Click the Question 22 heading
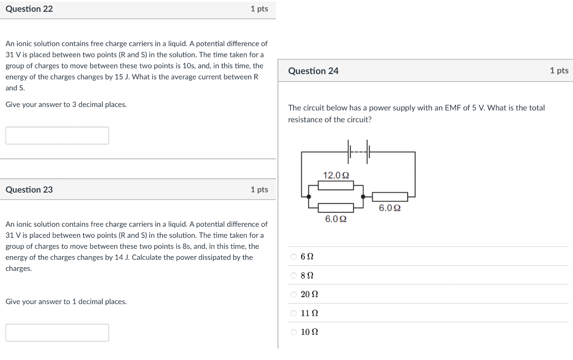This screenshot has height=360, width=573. coord(29,9)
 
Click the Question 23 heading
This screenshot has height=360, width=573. coord(29,190)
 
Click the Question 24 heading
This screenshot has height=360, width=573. coord(313,71)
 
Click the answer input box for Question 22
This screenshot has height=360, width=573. coord(57,136)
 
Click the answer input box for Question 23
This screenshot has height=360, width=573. coord(57,333)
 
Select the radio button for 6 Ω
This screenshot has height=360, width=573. coord(294,257)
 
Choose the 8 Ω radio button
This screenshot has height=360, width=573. coord(294,276)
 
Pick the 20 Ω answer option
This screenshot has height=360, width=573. coord(294,294)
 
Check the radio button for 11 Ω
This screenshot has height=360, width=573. coord(294,313)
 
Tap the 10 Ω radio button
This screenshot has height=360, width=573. coord(294,332)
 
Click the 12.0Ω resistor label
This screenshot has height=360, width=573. coord(336,175)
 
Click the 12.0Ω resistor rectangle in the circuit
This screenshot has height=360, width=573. coord(336,186)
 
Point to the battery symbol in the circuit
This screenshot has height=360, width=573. coord(359,152)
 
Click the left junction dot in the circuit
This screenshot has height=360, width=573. coord(309,197)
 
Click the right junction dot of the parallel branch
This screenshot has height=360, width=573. coord(363,197)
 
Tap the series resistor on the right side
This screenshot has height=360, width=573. coord(390,197)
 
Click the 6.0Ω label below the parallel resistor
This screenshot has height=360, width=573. coord(336,219)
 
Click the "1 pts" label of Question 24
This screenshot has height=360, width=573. coord(559,71)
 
